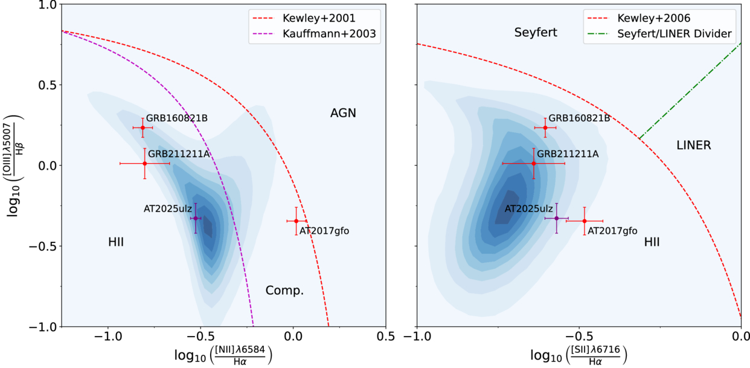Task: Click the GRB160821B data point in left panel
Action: (x=143, y=128)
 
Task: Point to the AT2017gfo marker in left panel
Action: (x=296, y=221)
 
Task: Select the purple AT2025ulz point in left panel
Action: (x=196, y=218)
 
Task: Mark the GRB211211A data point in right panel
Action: (x=534, y=163)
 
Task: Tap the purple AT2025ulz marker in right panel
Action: (x=557, y=218)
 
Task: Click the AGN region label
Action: (x=343, y=113)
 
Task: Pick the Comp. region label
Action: (x=284, y=291)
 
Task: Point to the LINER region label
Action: (x=694, y=146)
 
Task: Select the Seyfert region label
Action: (x=536, y=33)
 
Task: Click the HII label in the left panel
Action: (x=116, y=242)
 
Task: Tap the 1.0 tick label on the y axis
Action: (x=46, y=5)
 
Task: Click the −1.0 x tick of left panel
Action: (x=107, y=336)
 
